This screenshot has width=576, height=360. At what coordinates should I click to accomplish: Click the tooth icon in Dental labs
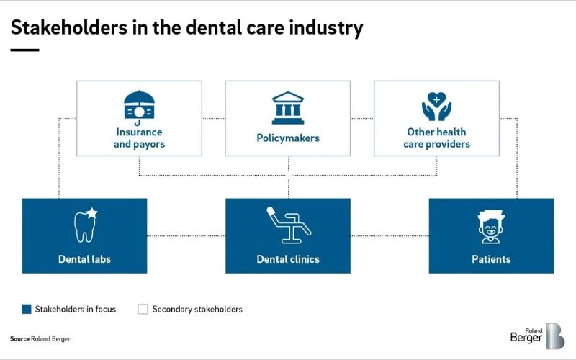point(86,225)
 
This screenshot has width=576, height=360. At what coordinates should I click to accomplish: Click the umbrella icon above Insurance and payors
point(139,107)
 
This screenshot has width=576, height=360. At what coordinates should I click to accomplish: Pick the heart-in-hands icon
point(436,107)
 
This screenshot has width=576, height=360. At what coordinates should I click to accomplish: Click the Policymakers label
point(287,138)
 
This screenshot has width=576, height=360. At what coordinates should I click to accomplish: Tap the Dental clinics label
point(287,258)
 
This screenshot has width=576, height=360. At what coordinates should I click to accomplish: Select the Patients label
point(491,258)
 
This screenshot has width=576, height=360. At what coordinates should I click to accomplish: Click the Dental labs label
point(84,258)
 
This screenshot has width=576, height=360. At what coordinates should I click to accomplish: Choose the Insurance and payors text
point(139,138)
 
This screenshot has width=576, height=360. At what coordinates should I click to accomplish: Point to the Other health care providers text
point(436,138)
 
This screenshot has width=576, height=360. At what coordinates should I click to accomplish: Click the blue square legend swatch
point(27,309)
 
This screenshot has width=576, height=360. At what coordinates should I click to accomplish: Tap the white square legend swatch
point(143,309)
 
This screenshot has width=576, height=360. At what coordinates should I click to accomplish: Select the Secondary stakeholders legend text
point(197,310)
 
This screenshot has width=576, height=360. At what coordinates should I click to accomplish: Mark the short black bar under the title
point(24,50)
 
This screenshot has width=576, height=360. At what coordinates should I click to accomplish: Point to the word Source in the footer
point(19,338)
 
